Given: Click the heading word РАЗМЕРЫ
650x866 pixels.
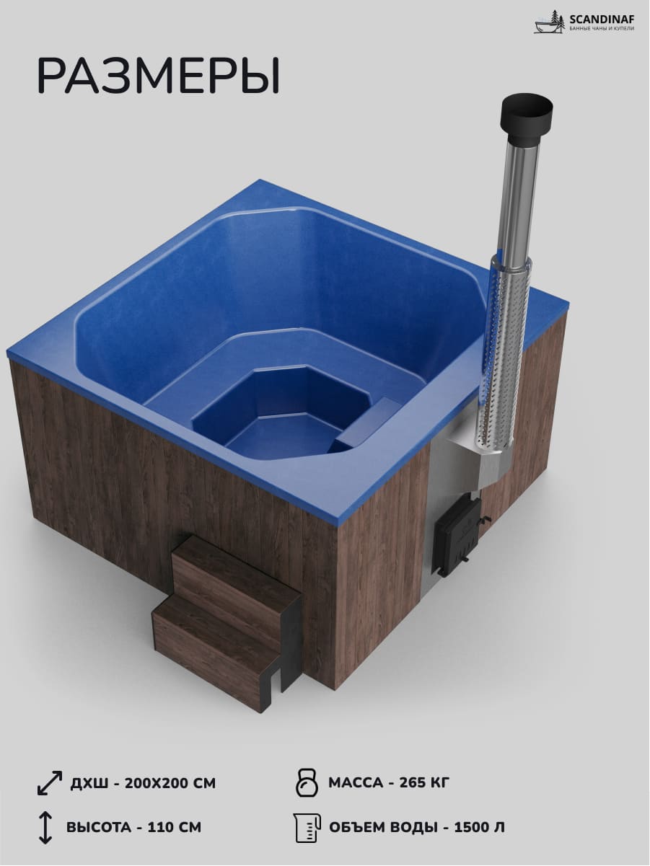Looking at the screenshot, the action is point(159,76).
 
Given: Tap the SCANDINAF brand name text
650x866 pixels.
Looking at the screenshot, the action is point(602,19).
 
